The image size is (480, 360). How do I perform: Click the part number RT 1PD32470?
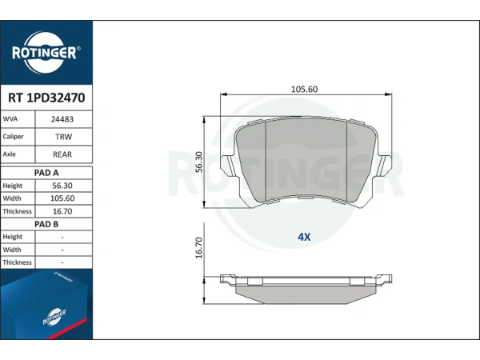[46, 98]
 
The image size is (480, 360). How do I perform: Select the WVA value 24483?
[62, 119]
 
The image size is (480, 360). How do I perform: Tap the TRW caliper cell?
[64, 137]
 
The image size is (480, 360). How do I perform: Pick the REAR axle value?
[62, 154]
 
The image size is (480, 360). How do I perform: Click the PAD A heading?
[46, 173]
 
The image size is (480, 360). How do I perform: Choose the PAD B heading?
[46, 224]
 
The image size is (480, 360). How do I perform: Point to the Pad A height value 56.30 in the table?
[62, 186]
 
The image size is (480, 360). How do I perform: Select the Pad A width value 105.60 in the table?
[62, 198]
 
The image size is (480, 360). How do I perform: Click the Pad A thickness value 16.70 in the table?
[62, 211]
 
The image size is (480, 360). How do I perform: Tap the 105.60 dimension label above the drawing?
[304, 89]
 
